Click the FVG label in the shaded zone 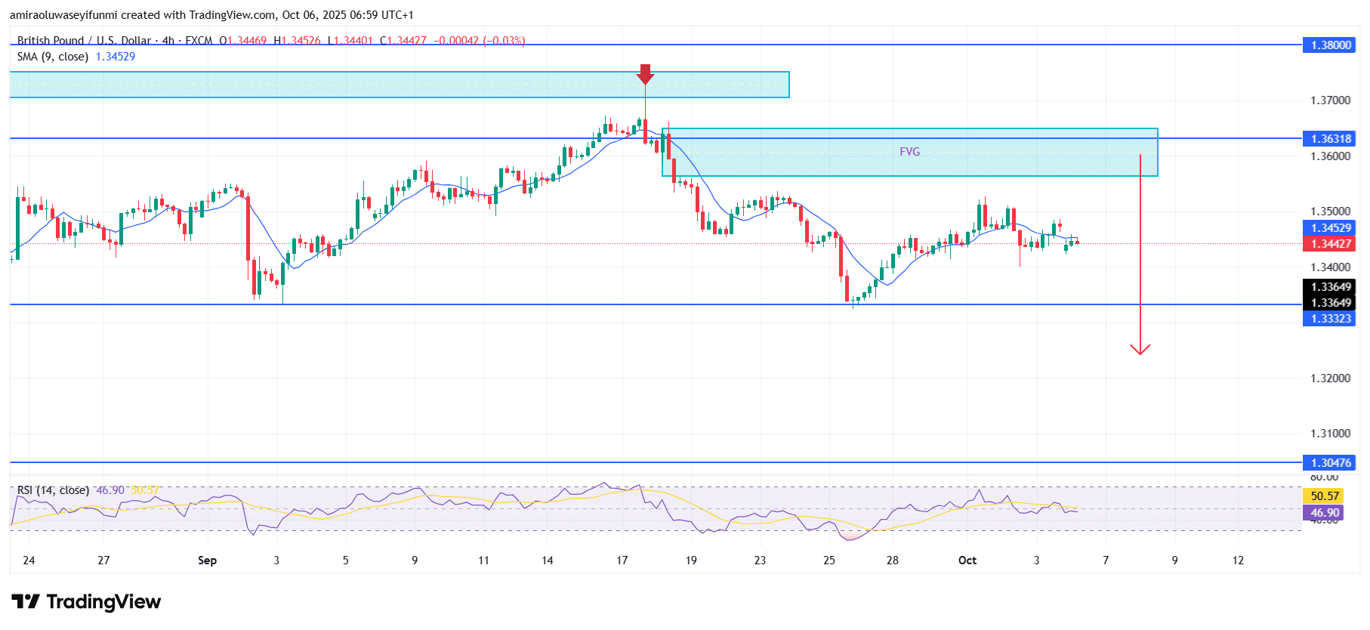(909, 152)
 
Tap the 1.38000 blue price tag (1329, 45)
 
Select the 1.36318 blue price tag (1329, 138)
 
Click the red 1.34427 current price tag (1329, 243)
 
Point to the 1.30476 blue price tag (1329, 462)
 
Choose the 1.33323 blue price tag (1329, 319)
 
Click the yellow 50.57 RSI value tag (1324, 496)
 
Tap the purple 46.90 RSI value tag (1324, 512)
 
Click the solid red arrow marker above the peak (645, 74)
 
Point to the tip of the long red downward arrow (1140, 353)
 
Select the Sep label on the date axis (207, 561)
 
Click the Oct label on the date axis (967, 561)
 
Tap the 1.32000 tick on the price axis (1330, 378)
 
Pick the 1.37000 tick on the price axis (1330, 100)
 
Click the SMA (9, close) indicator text (53, 57)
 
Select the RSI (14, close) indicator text (53, 490)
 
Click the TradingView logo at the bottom (86, 601)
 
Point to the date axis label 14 (548, 561)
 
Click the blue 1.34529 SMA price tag (1329, 228)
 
